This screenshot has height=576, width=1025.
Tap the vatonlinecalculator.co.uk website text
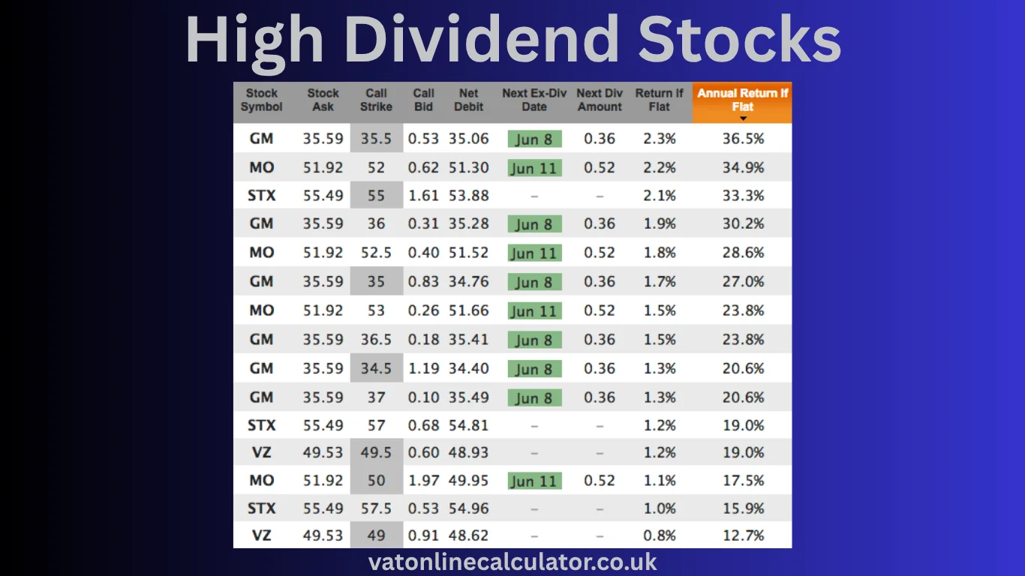(512, 562)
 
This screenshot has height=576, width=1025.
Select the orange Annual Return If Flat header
(742, 100)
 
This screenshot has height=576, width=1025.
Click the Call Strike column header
(376, 100)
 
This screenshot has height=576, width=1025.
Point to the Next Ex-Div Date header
(534, 100)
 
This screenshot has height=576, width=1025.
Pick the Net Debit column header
(468, 100)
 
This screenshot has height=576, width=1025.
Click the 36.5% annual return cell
(743, 139)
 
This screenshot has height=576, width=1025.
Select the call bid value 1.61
(423, 196)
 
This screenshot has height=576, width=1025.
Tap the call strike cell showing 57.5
(376, 508)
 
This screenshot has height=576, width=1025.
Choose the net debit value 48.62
(468, 536)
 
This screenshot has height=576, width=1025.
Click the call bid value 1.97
(423, 481)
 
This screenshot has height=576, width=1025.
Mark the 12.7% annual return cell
(743, 536)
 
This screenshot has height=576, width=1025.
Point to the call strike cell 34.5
(376, 368)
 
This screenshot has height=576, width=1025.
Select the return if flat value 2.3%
(660, 139)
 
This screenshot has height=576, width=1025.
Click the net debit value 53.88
(468, 196)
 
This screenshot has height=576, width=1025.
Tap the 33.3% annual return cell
(743, 196)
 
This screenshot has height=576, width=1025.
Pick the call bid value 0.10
(423, 397)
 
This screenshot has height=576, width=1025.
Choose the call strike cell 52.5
(376, 253)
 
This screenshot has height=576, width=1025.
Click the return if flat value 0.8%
(660, 536)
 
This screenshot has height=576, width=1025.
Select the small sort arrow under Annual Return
(743, 118)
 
